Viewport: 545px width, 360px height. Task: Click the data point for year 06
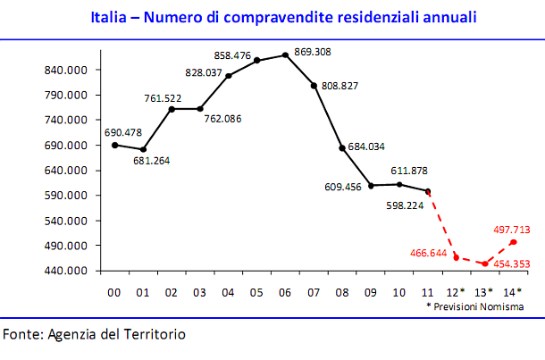[285, 55]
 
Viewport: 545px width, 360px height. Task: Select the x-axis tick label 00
[114, 291]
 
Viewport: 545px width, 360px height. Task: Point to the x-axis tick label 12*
[457, 291]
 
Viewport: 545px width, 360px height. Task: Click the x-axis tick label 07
[314, 291]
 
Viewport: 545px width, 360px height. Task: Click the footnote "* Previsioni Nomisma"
[474, 306]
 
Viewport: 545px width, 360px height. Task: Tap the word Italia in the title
[112, 17]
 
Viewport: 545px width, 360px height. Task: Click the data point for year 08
[342, 147]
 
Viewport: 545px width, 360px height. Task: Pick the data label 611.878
[410, 171]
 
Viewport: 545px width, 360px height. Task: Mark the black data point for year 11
[428, 191]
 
